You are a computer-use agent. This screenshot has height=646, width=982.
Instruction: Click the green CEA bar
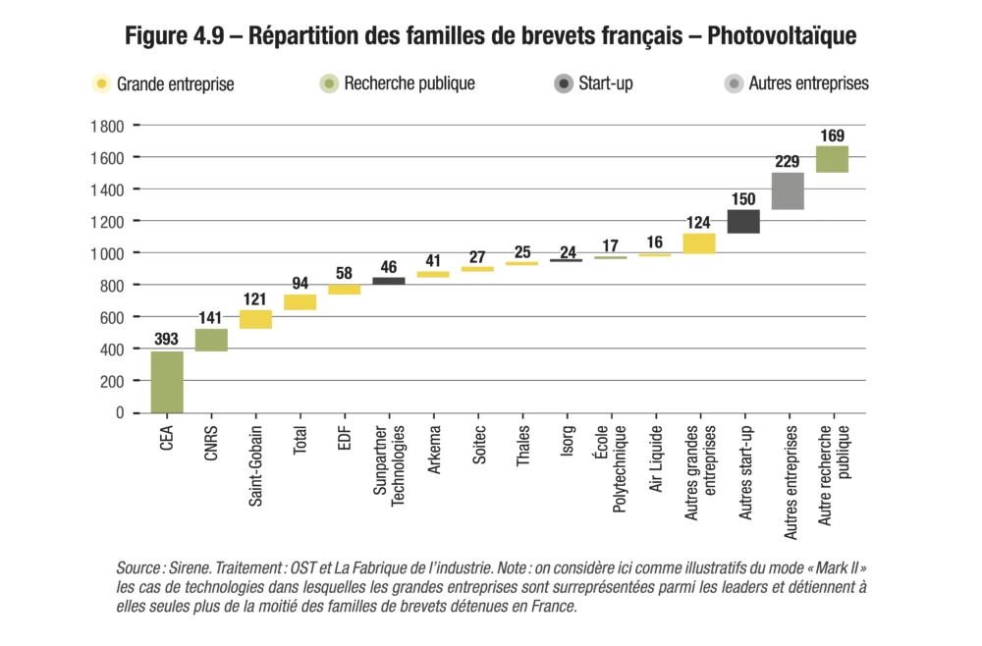pos(167,382)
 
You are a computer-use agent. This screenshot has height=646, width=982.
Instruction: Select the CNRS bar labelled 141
pos(211,340)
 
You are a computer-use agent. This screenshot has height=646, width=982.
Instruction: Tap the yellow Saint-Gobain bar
pos(255,319)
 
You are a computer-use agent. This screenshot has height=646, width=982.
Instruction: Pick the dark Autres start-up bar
pos(743,221)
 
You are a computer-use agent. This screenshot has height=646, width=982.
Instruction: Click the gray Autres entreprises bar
pos(788,191)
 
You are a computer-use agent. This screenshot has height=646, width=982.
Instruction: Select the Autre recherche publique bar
pos(832,159)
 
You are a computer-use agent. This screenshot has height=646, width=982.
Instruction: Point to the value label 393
pos(167,340)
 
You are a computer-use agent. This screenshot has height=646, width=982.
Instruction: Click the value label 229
pos(788,162)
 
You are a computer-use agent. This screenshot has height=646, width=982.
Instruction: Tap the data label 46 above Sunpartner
pos(389,266)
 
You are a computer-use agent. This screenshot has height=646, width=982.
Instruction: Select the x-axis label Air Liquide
pos(656,458)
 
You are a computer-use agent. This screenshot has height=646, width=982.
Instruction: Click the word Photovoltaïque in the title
pos(782,36)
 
